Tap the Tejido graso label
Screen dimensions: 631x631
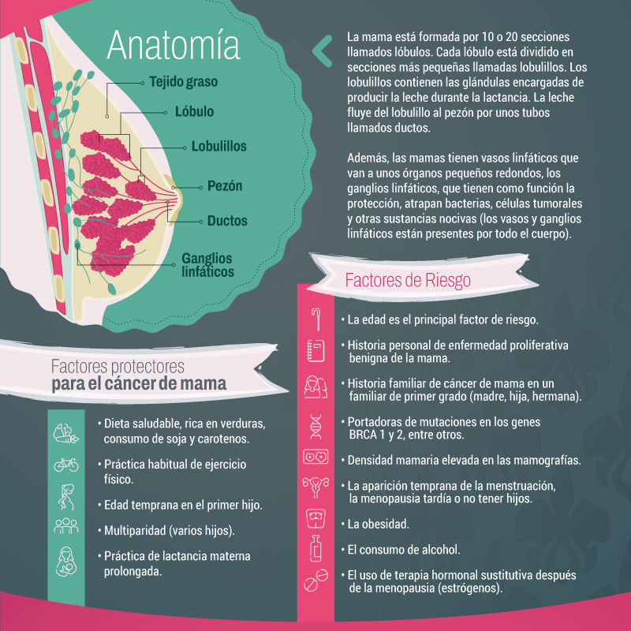coord(183,81)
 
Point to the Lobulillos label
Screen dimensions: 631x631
coord(218,147)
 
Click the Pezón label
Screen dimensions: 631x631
coord(225,187)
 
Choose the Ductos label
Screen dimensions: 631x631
coord(227,221)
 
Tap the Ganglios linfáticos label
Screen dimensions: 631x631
coord(207,265)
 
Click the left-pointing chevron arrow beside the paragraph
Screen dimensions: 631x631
coord(322,50)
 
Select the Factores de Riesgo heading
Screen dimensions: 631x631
coord(408,280)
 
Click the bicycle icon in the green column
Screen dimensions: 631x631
coord(65,465)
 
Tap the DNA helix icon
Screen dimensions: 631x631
coord(315,426)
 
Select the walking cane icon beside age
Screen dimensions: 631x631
coord(315,317)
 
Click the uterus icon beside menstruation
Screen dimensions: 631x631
coord(315,487)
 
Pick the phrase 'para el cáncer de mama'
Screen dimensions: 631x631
coord(140,384)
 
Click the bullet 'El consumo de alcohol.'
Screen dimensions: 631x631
coord(409,549)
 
